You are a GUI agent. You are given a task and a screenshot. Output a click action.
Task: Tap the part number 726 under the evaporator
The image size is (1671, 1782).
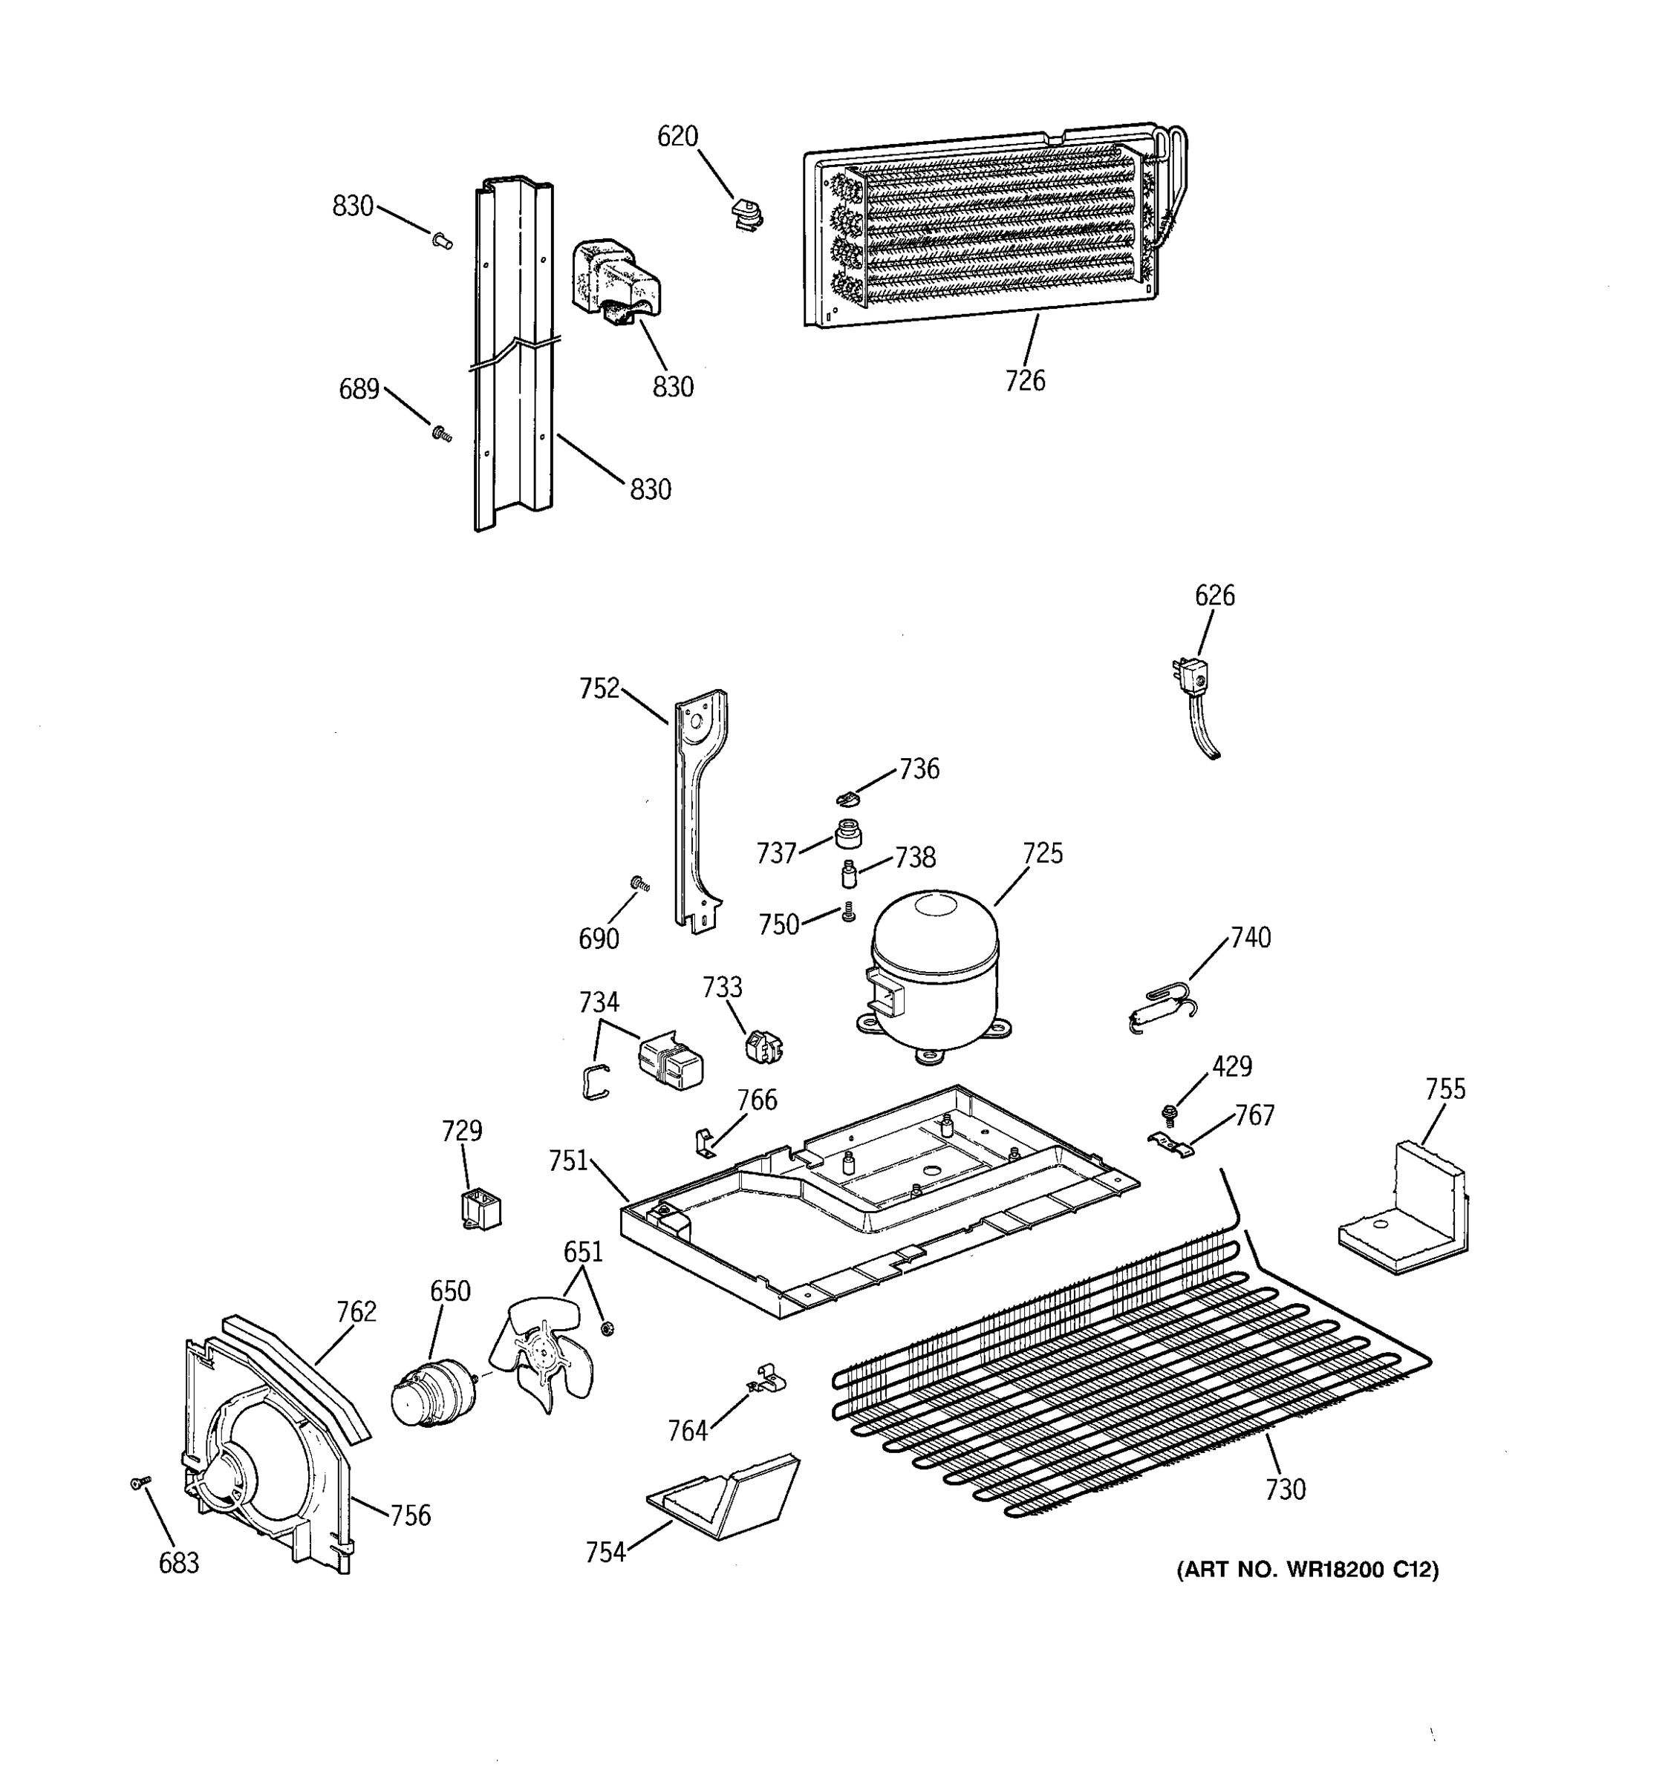pos(1025,381)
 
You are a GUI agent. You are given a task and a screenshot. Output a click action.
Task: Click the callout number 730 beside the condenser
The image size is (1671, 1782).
pos(1285,1489)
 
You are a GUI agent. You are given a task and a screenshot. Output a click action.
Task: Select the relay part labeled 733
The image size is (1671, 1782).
pos(763,1046)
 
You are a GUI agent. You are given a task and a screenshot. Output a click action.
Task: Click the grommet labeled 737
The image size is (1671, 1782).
pos(847,834)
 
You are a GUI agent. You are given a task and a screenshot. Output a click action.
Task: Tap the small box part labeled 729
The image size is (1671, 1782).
pos(481,1210)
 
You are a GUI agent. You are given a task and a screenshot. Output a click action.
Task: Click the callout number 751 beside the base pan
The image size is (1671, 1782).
pos(567,1162)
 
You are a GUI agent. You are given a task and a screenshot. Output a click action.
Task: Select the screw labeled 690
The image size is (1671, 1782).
pos(640,886)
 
